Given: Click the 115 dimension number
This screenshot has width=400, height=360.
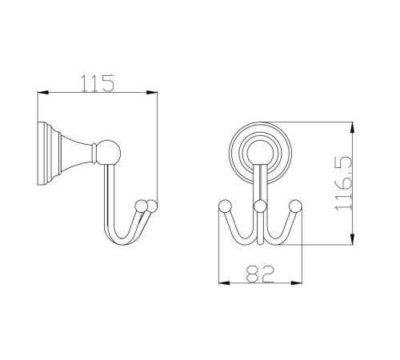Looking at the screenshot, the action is [x=98, y=83].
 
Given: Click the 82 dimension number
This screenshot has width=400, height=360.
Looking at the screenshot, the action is [x=260, y=274].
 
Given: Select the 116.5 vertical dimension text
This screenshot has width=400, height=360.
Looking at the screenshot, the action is [x=344, y=183].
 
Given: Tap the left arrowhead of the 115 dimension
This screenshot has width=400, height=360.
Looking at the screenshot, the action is [x=43, y=93].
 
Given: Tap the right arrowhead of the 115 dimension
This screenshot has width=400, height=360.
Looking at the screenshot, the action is [x=151, y=93].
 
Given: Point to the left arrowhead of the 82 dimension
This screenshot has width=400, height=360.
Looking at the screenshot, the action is [x=224, y=283].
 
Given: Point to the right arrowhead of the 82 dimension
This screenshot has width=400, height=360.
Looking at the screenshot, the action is [x=296, y=283].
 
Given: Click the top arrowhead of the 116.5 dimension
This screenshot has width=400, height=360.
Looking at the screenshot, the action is [x=353, y=128].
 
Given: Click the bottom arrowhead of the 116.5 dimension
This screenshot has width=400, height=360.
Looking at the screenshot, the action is [x=353, y=238].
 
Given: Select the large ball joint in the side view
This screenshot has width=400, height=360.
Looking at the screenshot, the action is [x=108, y=152].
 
